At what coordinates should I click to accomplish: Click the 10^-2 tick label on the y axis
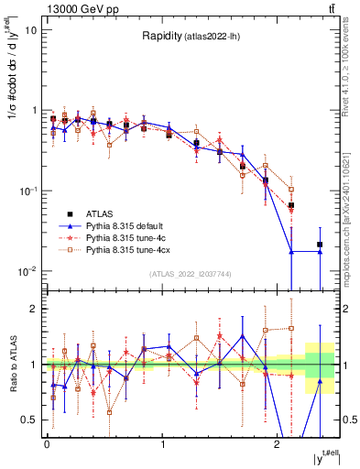29,271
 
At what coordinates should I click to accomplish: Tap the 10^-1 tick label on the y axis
29,191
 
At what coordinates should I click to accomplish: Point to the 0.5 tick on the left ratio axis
31,420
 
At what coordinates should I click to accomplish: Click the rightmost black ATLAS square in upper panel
320,245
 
